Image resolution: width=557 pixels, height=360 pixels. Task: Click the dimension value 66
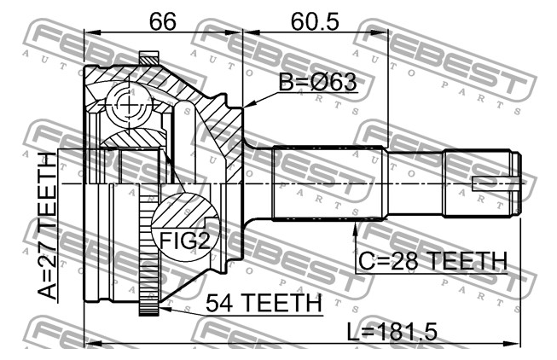click(162, 21)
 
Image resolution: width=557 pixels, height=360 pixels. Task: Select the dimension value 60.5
click(315, 21)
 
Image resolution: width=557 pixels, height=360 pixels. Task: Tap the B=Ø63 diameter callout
click(317, 82)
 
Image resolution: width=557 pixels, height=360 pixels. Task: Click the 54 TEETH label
click(264, 303)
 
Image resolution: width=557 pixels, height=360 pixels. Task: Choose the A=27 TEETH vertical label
click(47, 226)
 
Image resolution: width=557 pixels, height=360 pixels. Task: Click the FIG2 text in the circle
click(184, 241)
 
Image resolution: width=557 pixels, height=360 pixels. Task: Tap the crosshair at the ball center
click(128, 105)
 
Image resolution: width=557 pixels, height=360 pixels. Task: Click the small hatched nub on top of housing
click(148, 57)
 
